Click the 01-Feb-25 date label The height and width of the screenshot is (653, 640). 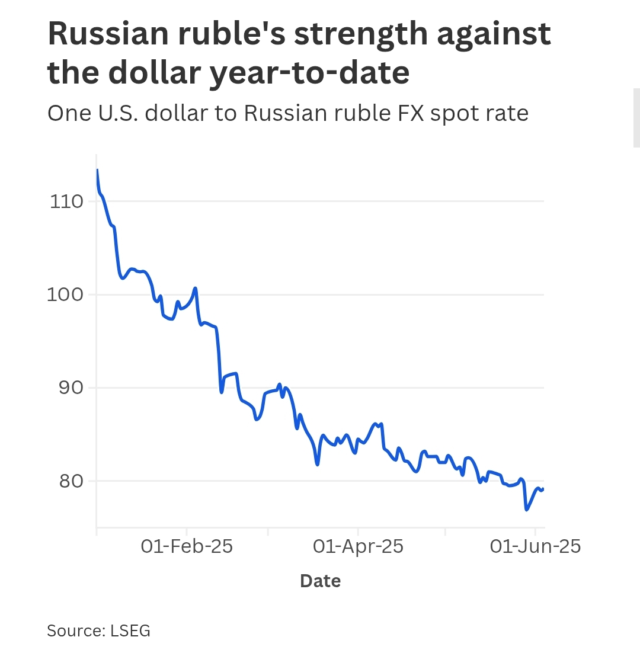[187, 546]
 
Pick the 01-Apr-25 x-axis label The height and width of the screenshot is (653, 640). [358, 546]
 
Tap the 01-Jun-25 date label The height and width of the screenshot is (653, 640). [535, 546]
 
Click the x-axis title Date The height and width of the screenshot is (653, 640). [320, 581]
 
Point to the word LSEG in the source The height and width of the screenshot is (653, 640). [130, 631]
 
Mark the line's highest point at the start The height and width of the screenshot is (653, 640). [97, 170]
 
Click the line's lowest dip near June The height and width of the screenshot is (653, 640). [526, 510]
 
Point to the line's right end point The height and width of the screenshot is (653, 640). [543, 488]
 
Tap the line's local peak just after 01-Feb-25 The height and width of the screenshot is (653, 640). [195, 288]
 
